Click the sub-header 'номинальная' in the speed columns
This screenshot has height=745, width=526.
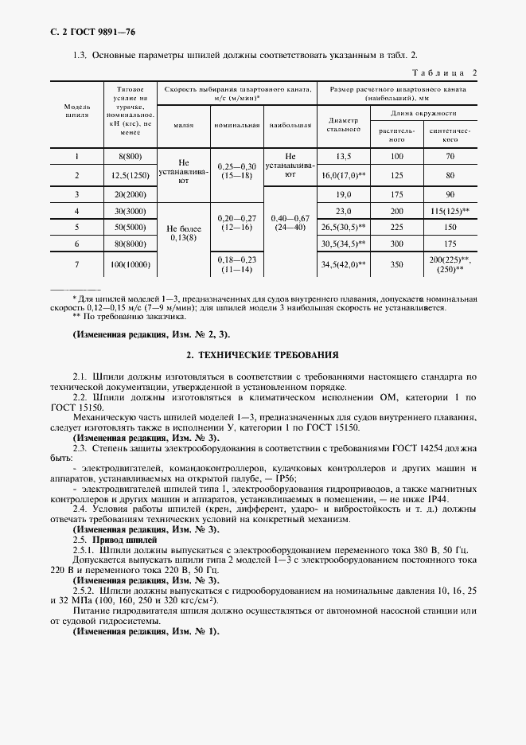click(x=236, y=126)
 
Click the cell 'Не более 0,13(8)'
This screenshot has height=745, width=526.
click(x=183, y=232)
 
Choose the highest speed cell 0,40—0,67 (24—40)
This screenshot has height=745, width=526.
click(x=290, y=222)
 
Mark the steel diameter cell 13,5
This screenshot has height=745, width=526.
click(x=344, y=157)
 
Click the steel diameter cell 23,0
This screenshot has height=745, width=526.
click(x=344, y=211)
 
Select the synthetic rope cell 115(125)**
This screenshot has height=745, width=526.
click(x=450, y=211)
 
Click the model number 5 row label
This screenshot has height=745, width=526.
click(x=76, y=228)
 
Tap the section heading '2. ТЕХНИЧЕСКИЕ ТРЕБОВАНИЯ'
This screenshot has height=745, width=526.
click(x=263, y=353)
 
